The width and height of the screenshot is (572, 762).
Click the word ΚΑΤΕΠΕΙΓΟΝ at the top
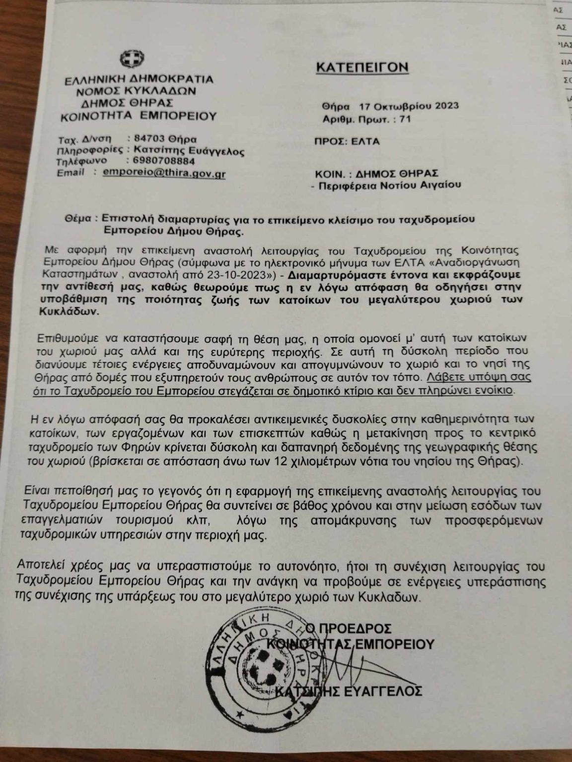coord(363,66)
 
